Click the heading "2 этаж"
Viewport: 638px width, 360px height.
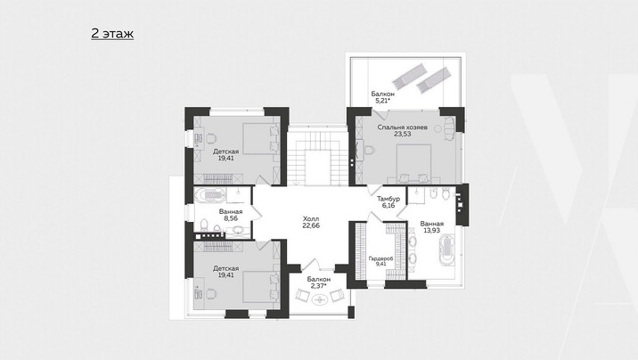coord(112,33)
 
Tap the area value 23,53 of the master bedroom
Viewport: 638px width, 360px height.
coord(403,134)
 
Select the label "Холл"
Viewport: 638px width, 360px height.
coord(311,219)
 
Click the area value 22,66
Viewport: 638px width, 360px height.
coord(311,225)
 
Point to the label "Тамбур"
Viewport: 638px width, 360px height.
coord(389,199)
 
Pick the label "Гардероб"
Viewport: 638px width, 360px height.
coord(380,258)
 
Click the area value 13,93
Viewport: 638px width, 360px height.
coord(431,231)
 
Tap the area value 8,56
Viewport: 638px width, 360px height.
coord(231,218)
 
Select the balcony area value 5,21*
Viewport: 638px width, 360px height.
coord(383,101)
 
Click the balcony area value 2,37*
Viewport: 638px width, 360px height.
coord(319,286)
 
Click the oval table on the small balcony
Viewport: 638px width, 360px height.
coord(320,300)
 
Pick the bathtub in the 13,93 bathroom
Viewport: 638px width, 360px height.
coord(446,250)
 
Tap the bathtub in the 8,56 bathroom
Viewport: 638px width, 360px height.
coord(209,195)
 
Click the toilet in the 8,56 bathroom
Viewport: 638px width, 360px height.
coord(204,225)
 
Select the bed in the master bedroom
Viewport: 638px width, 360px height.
coord(413,164)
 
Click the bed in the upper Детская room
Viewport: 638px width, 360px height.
coord(261,139)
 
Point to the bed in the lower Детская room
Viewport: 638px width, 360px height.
coord(261,287)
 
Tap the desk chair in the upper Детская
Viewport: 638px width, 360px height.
coord(211,139)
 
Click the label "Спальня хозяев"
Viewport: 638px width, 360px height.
coord(403,127)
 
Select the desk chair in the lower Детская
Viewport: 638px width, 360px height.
coord(211,293)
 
